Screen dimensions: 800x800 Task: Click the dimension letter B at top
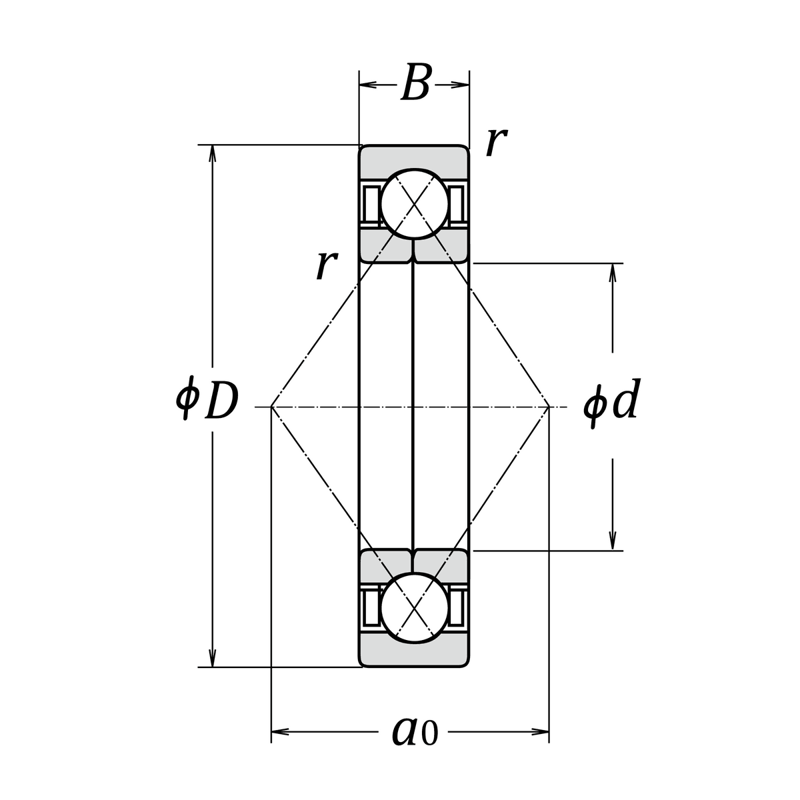(415, 83)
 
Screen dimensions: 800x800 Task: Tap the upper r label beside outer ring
(497, 142)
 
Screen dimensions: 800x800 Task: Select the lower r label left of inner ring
(326, 265)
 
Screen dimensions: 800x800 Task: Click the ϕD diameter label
(207, 399)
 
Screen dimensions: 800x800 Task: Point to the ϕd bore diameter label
(610, 402)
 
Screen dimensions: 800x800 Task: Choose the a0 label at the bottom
(415, 743)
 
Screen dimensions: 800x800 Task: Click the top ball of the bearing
(415, 204)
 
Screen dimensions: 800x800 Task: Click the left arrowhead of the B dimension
(368, 85)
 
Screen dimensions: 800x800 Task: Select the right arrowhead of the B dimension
(461, 85)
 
